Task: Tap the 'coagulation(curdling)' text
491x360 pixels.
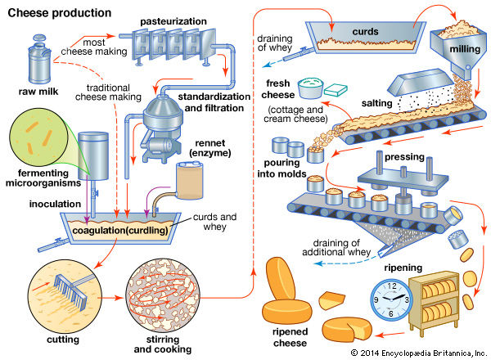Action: coord(122,229)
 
